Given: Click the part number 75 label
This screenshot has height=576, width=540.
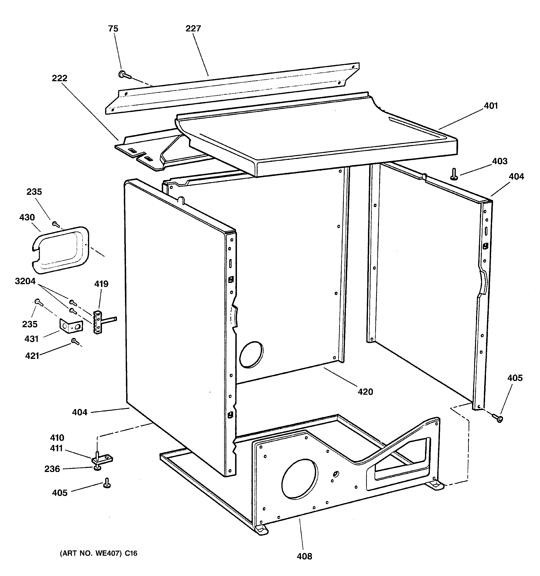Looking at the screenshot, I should [113, 29].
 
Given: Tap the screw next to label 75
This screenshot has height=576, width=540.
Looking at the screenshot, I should [124, 75].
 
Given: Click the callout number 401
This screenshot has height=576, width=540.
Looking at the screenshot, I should [491, 106].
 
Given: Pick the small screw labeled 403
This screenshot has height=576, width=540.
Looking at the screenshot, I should [454, 174].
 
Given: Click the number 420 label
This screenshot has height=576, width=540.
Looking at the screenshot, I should [365, 392].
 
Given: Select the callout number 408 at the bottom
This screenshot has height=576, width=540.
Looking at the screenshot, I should [304, 556].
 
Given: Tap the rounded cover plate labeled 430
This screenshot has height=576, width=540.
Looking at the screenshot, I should [60, 250].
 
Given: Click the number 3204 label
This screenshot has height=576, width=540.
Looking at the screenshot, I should [25, 281].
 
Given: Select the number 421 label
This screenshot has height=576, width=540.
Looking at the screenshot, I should [32, 356].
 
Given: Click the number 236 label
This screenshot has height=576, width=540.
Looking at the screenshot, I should [52, 469].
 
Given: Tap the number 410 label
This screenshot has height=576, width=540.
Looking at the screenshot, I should [57, 438].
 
